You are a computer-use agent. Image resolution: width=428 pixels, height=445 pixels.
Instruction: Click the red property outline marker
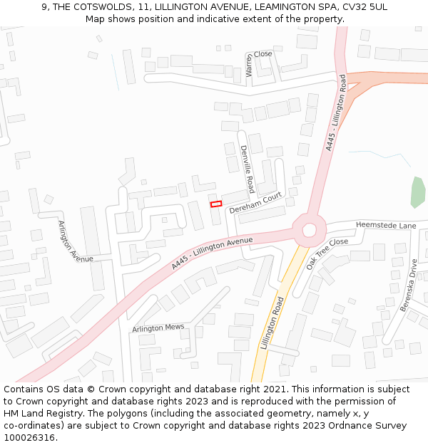coord(216,204)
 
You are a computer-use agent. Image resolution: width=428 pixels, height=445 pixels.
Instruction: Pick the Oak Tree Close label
coord(327,253)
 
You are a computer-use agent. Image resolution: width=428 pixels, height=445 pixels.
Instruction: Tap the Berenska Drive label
coord(408,285)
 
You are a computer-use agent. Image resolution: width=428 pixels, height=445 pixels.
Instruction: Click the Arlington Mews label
coord(158,328)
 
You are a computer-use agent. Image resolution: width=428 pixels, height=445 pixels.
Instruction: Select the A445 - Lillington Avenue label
coord(212,253)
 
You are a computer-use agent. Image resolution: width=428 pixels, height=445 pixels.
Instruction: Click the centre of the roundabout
coord(310,229)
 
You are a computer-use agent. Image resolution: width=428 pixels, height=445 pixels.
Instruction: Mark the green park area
coord(418,192)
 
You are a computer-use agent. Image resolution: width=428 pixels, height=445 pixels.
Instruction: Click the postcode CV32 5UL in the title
coord(364,6)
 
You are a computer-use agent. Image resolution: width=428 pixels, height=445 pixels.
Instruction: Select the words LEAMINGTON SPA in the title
coord(291,6)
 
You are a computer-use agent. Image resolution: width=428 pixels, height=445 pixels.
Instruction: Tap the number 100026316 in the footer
coord(29,438)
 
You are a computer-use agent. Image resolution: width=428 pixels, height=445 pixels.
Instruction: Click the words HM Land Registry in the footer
coord(40,414)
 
